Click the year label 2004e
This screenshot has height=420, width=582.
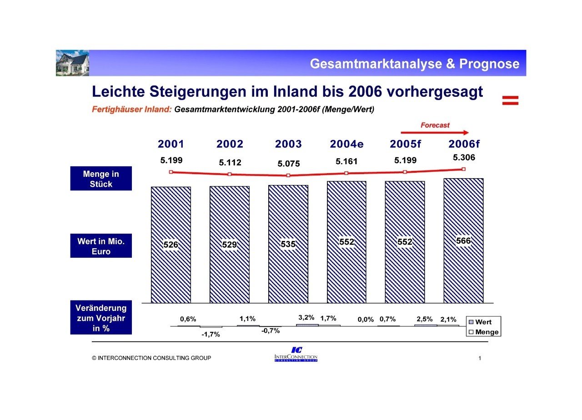[346, 144]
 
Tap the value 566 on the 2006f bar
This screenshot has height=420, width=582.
[463, 241]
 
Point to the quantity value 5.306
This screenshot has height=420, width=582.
[464, 158]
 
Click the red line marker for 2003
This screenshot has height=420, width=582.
[288, 175]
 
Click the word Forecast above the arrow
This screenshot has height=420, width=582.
[435, 125]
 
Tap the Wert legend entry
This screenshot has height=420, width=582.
[483, 322]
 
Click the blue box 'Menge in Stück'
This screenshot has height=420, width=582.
[101, 179]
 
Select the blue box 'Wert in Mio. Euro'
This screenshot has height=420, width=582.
[101, 246]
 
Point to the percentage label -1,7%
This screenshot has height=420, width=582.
[211, 335]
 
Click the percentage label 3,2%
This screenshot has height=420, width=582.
[306, 318]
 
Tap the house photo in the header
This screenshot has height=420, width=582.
[73, 63]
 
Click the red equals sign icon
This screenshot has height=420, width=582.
[510, 100]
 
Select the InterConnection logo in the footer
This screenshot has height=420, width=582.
[296, 355]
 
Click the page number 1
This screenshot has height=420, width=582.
[480, 358]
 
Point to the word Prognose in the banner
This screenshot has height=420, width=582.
[489, 64]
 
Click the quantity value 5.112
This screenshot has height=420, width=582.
[230, 162]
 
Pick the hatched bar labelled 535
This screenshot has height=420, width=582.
[288, 273]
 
